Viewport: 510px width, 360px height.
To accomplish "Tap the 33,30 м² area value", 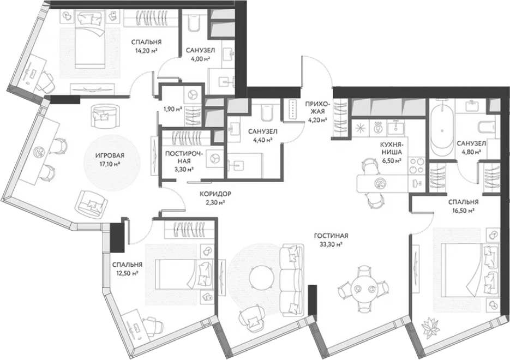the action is click(x=331, y=244).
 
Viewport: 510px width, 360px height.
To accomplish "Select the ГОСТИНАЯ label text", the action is click(x=331, y=236).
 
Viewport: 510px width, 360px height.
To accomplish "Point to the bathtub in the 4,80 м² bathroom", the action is click(x=441, y=130).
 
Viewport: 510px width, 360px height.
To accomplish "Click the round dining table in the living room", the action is click(x=363, y=289).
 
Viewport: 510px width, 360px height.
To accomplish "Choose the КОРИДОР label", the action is click(x=215, y=194).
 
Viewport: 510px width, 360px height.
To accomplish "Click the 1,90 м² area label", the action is click(x=173, y=109).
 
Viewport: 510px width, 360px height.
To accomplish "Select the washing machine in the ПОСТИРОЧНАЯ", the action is click(x=214, y=158).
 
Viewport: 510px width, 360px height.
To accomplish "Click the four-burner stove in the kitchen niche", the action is click(x=416, y=165).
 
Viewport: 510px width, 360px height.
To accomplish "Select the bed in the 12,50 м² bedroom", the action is click(x=184, y=274).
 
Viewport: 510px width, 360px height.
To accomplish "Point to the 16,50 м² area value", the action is click(x=463, y=210).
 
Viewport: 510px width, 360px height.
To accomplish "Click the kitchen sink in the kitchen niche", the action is click(x=395, y=127).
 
